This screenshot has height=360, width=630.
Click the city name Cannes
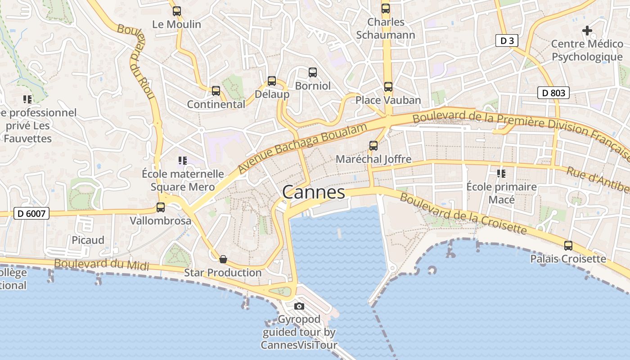[x=314, y=193]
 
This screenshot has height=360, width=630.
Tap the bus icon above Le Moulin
[x=177, y=11]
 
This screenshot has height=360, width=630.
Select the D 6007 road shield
[x=31, y=213]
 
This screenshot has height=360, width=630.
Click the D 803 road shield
[x=553, y=93]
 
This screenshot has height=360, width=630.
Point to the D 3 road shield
[x=507, y=41]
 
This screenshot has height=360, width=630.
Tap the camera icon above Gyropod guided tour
[x=299, y=306]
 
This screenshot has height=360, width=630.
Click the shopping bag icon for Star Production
[x=223, y=259]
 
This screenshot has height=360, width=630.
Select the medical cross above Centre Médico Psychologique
[x=587, y=31]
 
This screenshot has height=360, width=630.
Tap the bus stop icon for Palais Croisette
[x=568, y=246]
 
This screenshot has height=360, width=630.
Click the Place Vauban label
[x=388, y=100]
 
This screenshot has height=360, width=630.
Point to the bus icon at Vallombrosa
[x=161, y=207]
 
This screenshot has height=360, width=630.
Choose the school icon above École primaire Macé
[x=501, y=173]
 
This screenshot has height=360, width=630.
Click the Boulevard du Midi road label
[x=101, y=264]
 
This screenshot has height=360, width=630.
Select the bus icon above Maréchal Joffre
[x=373, y=146]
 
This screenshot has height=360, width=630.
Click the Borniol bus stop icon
[x=313, y=72]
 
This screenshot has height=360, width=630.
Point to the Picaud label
[x=88, y=240]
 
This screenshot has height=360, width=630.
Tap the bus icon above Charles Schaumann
[x=386, y=9]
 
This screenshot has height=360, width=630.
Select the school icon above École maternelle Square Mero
[x=182, y=161]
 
